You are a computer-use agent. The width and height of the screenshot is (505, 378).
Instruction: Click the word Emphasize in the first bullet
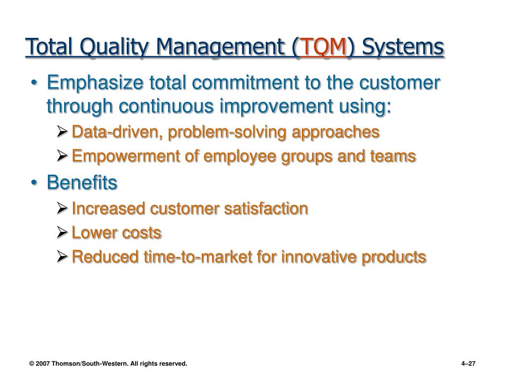(95, 83)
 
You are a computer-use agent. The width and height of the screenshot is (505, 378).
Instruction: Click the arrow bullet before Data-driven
(62, 132)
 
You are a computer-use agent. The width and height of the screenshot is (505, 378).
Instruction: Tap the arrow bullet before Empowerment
(62, 156)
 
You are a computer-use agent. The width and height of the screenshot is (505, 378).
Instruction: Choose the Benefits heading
(82, 183)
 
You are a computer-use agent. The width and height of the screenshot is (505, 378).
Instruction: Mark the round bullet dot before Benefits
(34, 183)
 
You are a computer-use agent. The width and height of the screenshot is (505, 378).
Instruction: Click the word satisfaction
(266, 209)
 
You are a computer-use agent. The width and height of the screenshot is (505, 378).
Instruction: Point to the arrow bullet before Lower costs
(62, 232)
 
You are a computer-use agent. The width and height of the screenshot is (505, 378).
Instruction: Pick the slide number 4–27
(469, 364)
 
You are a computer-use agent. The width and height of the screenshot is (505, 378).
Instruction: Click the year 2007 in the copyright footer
(42, 364)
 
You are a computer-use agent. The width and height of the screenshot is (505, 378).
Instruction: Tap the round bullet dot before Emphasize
(34, 83)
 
